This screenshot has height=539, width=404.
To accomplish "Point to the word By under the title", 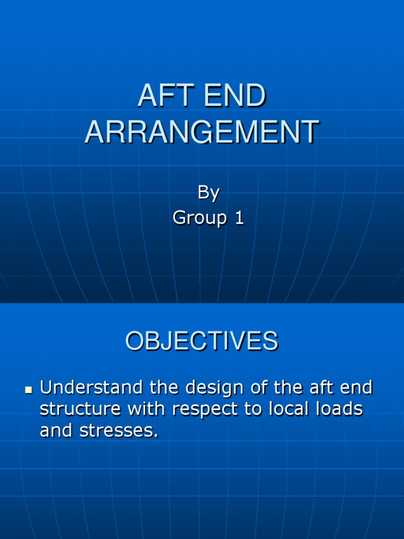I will tap(208, 193).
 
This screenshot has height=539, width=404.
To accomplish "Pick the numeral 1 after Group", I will tap(239, 218).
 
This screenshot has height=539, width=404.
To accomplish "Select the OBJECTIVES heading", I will tap(201, 341).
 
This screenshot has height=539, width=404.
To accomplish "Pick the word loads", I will tap(338, 410).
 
